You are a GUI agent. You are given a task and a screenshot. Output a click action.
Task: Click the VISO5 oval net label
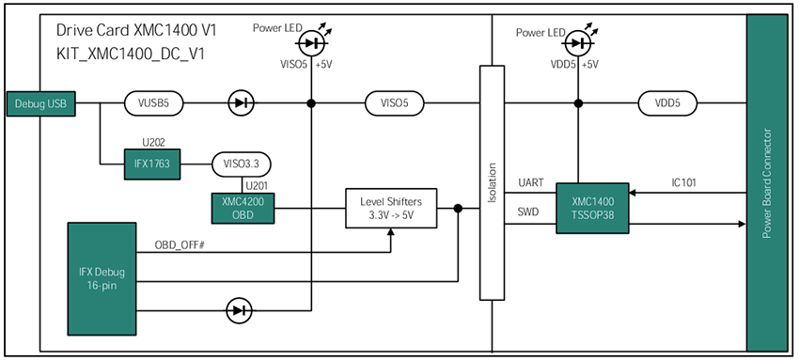[392, 102]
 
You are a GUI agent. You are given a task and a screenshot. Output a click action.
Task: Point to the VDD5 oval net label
[668, 102]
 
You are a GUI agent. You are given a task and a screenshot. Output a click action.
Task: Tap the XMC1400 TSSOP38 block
[592, 209]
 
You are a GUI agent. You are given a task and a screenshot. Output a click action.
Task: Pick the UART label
[531, 182]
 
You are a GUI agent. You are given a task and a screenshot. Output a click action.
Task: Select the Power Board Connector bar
[766, 180]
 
